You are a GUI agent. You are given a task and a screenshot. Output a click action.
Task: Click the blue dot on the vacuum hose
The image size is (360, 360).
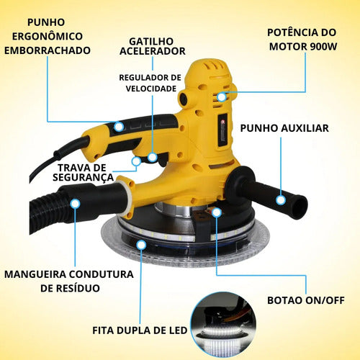(x=74, y=203)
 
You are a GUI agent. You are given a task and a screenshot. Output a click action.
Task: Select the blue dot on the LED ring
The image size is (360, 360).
(x=141, y=244)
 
